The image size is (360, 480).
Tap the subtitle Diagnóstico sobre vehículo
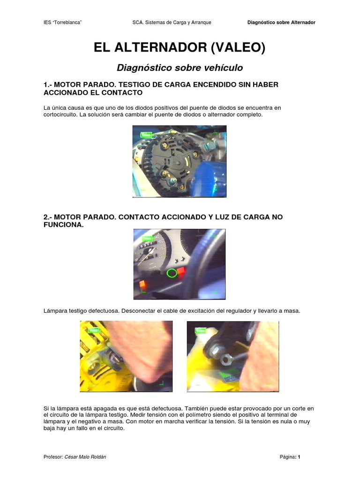pos(180,67)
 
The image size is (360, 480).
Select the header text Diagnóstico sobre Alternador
pos(281,22)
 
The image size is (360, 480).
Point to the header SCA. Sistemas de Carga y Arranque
pos(172,22)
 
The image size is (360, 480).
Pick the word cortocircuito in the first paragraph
pos(59,115)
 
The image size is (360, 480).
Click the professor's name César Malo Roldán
pos(86,457)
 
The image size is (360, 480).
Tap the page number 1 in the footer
pos(298,457)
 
